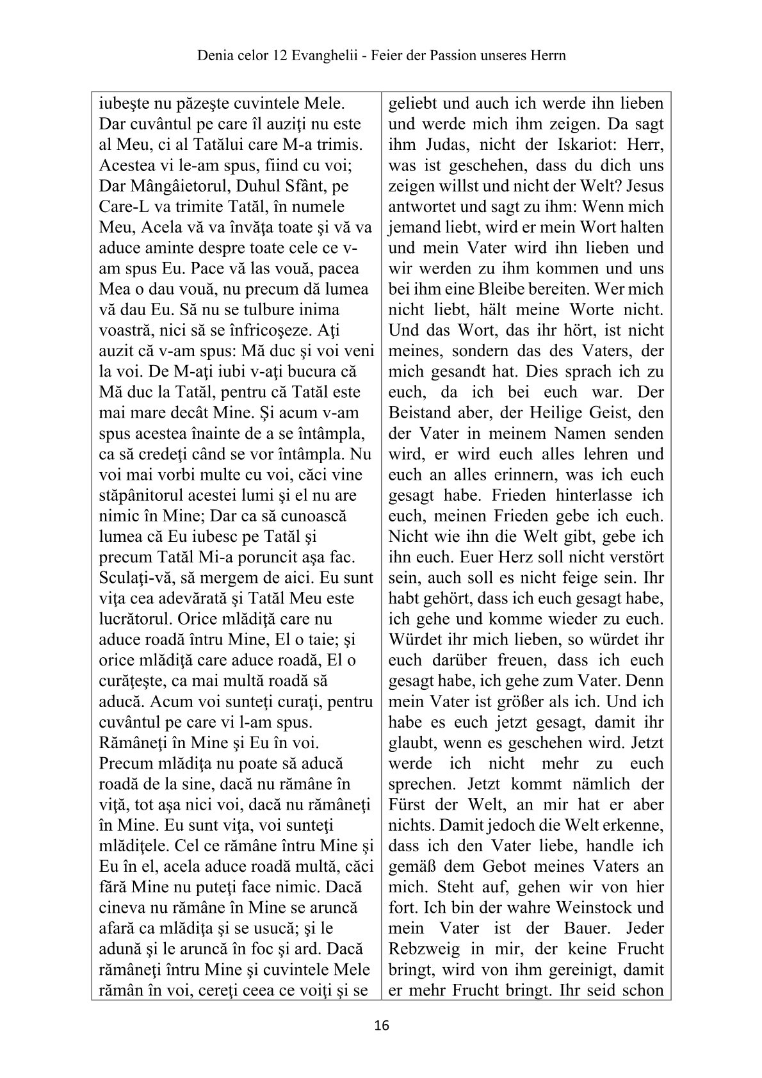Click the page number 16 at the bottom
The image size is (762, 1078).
[381, 1025]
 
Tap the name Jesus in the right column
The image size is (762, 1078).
[644, 186]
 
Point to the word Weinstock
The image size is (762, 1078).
[594, 908]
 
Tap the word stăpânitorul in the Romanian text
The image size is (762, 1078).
[143, 495]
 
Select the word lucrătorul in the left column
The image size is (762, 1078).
[134, 619]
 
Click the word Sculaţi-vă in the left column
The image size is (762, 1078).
[133, 578]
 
